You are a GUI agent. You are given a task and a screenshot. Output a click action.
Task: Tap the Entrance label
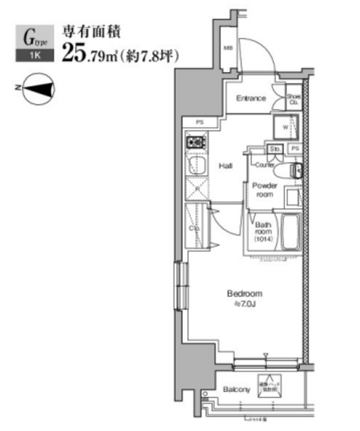tap(250, 99)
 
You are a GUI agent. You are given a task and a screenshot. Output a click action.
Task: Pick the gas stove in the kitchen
tap(196, 143)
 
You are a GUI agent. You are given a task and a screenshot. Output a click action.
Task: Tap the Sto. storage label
tap(275, 148)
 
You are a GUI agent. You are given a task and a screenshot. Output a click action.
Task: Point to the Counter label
tap(264, 164)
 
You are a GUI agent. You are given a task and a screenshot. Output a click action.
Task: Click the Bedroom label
tap(243, 294)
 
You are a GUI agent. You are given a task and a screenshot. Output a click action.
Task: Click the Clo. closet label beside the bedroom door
tap(195, 228)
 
